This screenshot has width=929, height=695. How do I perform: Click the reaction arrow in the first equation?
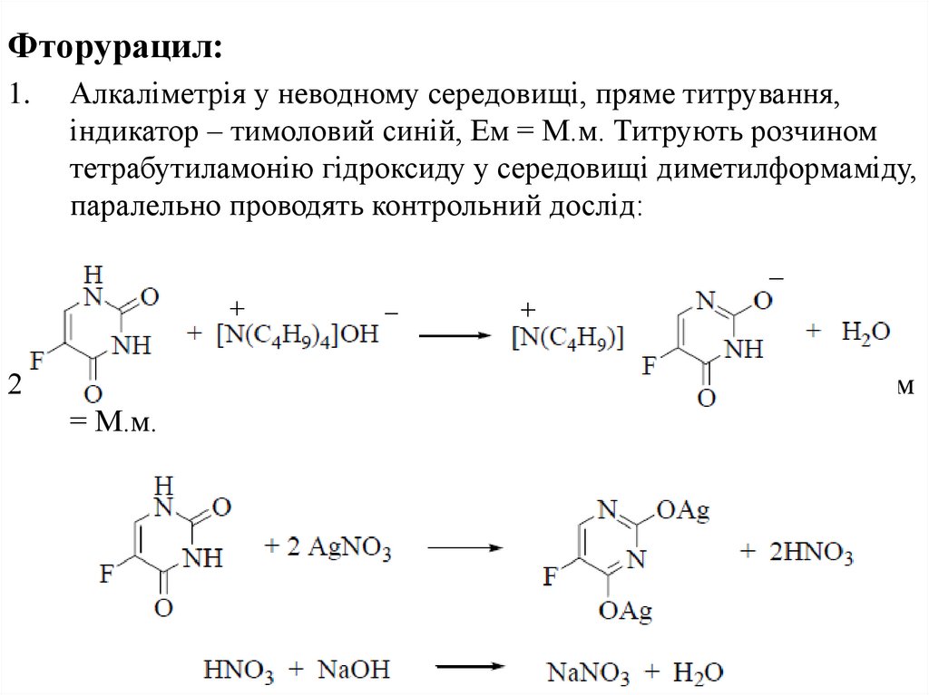460,334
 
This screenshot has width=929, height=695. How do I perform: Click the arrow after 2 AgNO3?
464,548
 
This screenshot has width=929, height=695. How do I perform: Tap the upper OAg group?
681,514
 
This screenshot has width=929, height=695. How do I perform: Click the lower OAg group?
626,613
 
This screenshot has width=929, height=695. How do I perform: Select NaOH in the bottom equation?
354,671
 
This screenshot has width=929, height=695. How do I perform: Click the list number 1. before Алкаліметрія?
21,93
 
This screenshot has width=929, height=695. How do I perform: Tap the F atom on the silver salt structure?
551,573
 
